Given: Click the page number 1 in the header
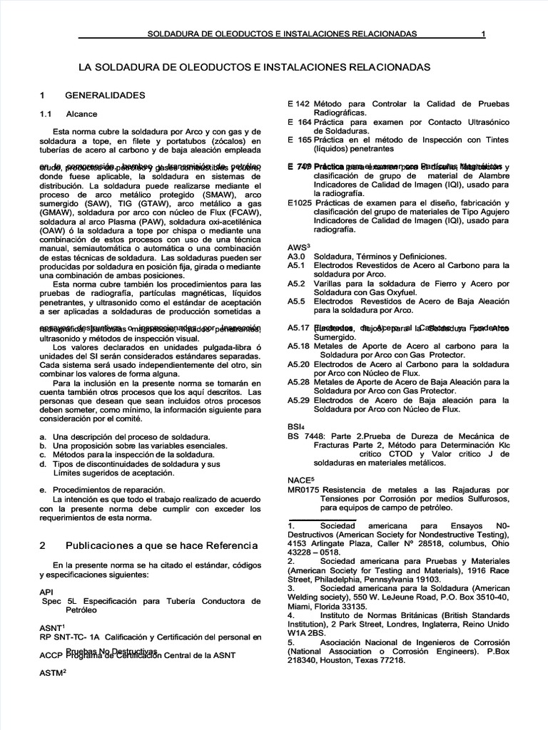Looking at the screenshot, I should [x=483, y=34].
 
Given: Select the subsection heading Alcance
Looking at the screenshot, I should [x=81, y=113].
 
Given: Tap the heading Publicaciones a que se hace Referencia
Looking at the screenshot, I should [x=161, y=545].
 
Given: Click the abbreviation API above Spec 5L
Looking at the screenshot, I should [x=47, y=592].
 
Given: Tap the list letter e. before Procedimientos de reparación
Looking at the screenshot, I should [x=44, y=490].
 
